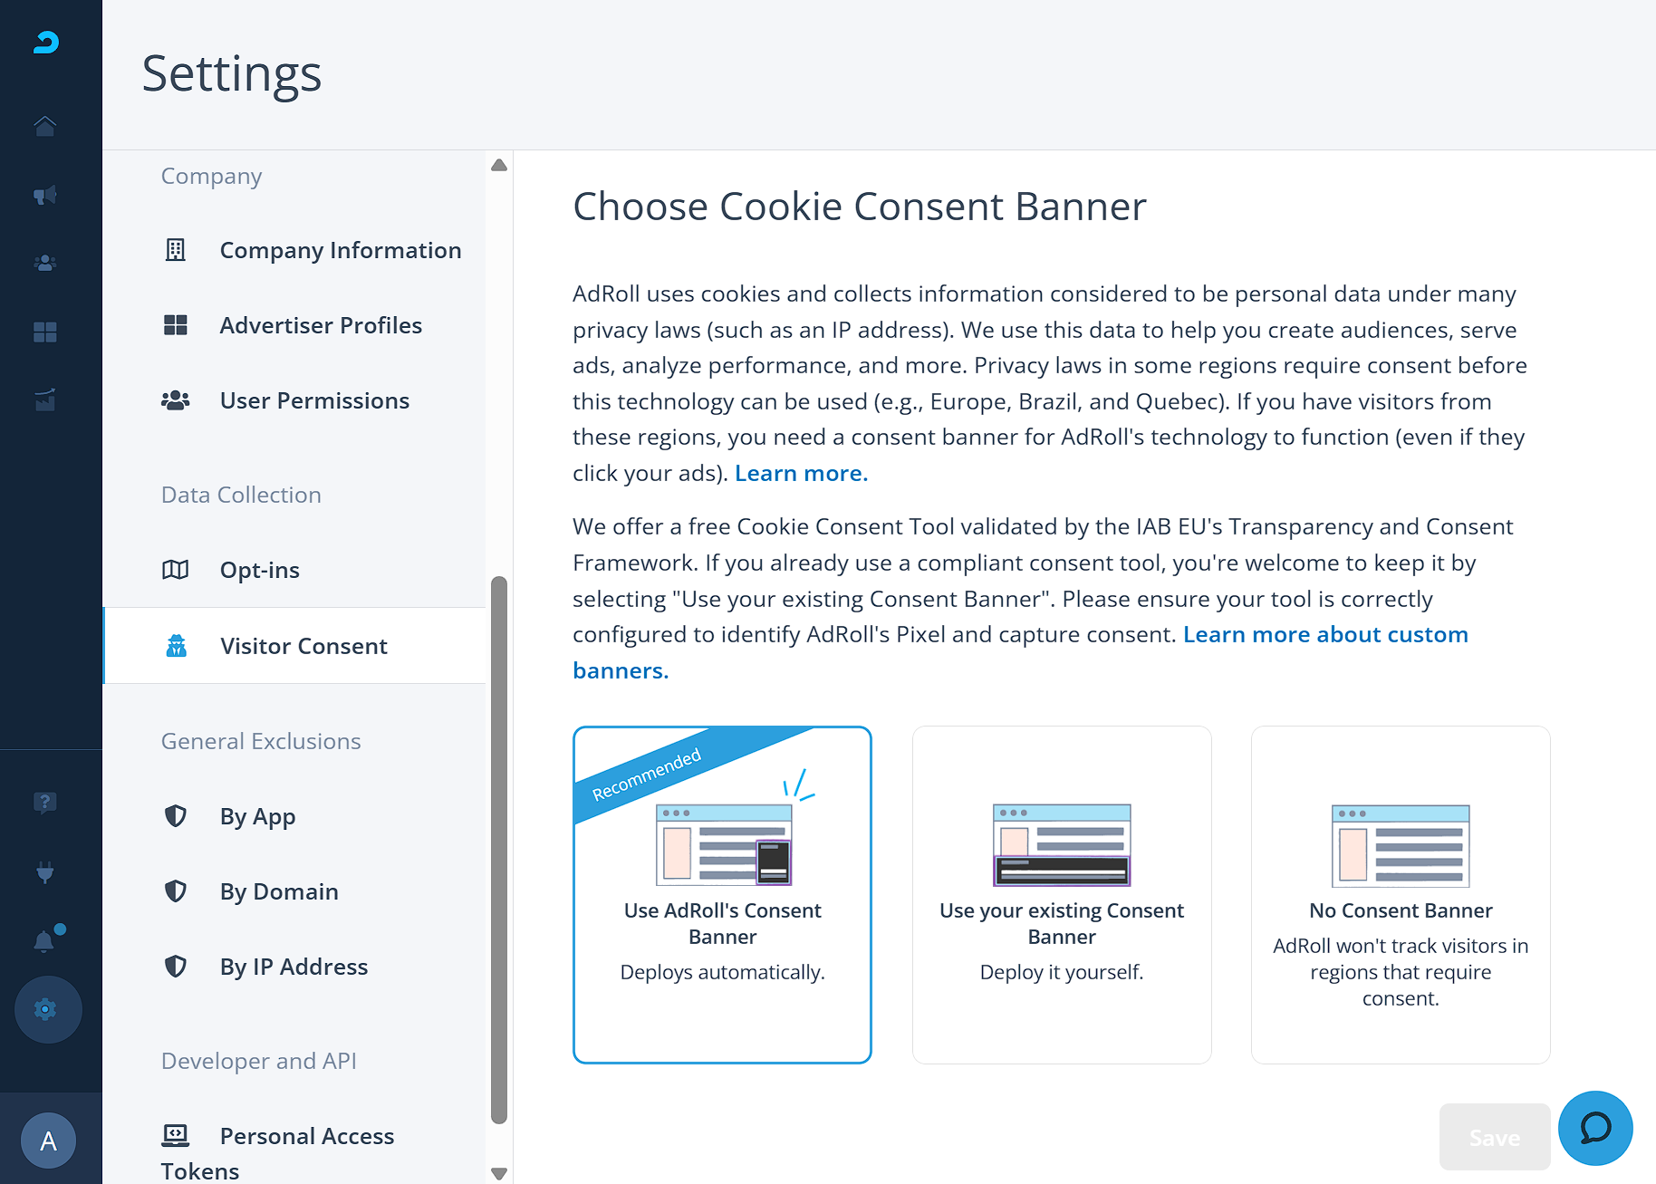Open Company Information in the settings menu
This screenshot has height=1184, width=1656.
(x=340, y=250)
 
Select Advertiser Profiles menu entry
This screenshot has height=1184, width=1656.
(x=321, y=325)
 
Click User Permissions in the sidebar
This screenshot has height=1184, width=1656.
(x=314, y=400)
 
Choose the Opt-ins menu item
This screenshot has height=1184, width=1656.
(x=259, y=570)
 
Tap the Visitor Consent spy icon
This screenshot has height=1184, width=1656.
(x=176, y=646)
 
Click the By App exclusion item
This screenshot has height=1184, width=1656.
(x=257, y=817)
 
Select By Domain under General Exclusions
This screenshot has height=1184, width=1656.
(x=279, y=891)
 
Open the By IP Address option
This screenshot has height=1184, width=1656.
(x=294, y=967)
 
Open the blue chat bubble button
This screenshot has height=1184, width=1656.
(x=1595, y=1128)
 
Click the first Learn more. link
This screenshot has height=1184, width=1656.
(x=801, y=473)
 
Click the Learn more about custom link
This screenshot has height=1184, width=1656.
(x=1325, y=634)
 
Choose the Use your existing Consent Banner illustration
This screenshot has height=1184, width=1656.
(x=1062, y=844)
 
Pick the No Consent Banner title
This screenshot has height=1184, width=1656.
(x=1401, y=910)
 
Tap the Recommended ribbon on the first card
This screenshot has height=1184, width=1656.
(x=647, y=775)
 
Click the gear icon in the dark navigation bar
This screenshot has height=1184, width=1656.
(x=45, y=1009)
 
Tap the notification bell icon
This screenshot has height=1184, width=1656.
(x=43, y=941)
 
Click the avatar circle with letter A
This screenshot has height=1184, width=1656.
(x=49, y=1141)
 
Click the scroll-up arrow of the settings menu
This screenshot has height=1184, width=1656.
(x=499, y=165)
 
